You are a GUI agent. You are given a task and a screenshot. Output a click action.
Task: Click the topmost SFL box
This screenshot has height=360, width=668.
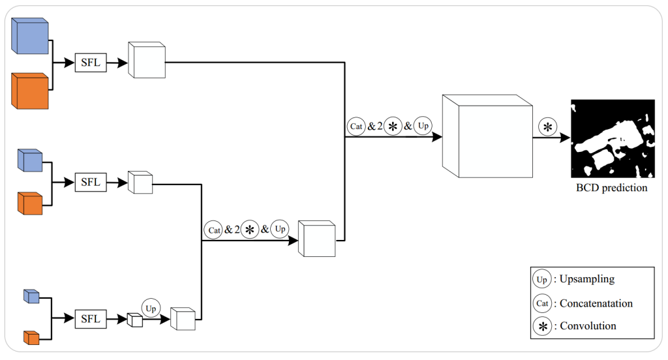tap(91, 63)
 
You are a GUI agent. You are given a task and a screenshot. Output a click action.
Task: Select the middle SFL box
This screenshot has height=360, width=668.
tap(91, 182)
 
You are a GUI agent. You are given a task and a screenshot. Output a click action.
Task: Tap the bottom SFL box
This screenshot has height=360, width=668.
tap(91, 319)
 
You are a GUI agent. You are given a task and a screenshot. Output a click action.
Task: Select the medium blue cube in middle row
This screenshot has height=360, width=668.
tap(30, 160)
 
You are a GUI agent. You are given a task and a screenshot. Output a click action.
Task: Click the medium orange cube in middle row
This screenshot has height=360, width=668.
tap(30, 203)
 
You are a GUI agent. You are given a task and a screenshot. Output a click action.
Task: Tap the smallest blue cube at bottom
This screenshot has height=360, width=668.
tap(31, 296)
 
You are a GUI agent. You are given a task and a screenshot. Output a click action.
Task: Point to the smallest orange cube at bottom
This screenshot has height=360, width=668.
tap(31, 337)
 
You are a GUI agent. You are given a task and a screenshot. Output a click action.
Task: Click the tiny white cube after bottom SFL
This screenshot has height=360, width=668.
tap(134, 320)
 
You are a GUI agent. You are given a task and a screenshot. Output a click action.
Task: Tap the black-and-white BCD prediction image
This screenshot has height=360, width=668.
tap(612, 138)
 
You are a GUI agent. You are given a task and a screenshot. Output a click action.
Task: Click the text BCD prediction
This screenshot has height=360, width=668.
tap(611, 188)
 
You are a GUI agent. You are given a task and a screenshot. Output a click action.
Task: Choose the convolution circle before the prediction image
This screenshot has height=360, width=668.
tap(547, 127)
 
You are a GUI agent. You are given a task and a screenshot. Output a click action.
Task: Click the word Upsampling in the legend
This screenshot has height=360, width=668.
tap(587, 279)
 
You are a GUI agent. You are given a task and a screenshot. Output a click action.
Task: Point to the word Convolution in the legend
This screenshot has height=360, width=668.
tap(588, 325)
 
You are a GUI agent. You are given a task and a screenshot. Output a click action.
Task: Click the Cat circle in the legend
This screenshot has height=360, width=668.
tap(541, 303)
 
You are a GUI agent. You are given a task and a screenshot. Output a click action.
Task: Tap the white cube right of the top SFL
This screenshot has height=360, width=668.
tap(147, 61)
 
